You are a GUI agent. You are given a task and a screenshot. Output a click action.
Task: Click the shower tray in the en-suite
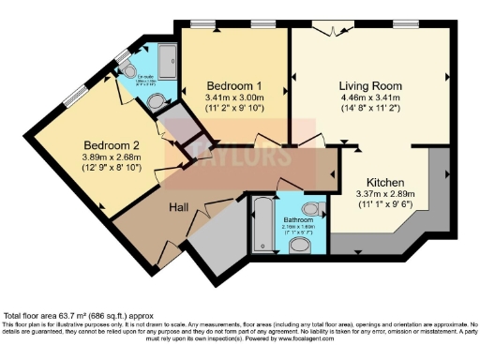166,61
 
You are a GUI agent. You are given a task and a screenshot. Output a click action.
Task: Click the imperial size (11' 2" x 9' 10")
233,108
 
